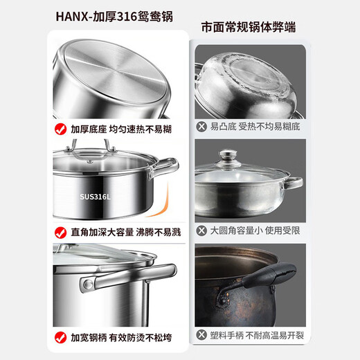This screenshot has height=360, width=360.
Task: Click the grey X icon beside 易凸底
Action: [202, 127]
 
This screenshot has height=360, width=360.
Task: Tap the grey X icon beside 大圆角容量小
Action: [202, 229]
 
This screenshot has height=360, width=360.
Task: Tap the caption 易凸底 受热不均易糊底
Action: [254, 127]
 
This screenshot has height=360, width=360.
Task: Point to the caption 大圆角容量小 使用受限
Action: [254, 229]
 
